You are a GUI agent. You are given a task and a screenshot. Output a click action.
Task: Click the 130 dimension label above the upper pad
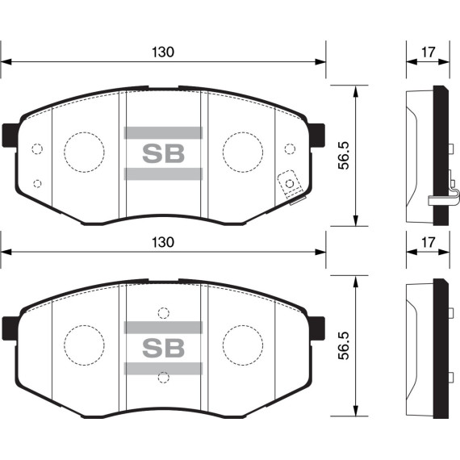point(163,52)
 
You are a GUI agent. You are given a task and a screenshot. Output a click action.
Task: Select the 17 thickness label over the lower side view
point(428,242)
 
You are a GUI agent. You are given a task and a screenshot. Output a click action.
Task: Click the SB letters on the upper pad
point(163,152)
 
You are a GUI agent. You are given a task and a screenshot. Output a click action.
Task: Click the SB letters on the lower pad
point(163,347)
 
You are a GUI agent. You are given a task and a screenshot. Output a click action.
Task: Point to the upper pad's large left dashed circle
point(84,151)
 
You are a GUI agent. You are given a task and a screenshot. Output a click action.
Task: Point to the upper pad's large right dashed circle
point(243,151)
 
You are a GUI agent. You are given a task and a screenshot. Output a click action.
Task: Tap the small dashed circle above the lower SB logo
point(163,313)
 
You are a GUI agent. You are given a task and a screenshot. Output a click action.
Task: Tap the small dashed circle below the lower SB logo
point(163,377)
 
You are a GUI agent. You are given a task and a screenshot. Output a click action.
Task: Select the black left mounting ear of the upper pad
point(10,134)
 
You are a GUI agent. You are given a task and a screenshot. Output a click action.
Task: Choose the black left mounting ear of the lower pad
point(10,327)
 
